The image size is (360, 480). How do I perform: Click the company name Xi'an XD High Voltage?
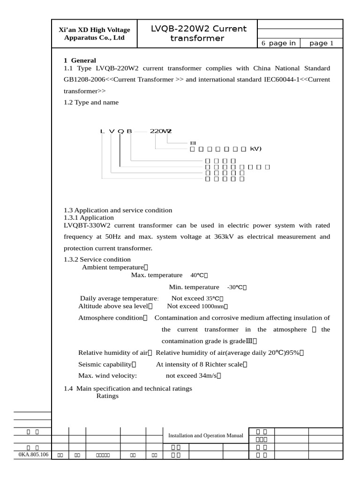tap(94, 30)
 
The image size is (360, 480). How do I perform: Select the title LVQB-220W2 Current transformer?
tap(198, 33)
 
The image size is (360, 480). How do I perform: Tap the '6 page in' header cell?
tap(278, 43)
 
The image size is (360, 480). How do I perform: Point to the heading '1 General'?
tap(80, 60)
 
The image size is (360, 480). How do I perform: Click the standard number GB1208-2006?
tap(84, 79)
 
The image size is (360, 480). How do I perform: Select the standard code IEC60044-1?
tap(283, 79)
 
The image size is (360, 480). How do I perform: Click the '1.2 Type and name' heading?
tap(91, 102)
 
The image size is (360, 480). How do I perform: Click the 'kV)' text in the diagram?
tap(255, 149)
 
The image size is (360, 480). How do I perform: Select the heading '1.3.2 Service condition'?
tap(97, 259)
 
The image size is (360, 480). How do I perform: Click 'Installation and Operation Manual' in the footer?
tap(206, 435)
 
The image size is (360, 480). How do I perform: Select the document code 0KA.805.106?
tap(33, 455)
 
